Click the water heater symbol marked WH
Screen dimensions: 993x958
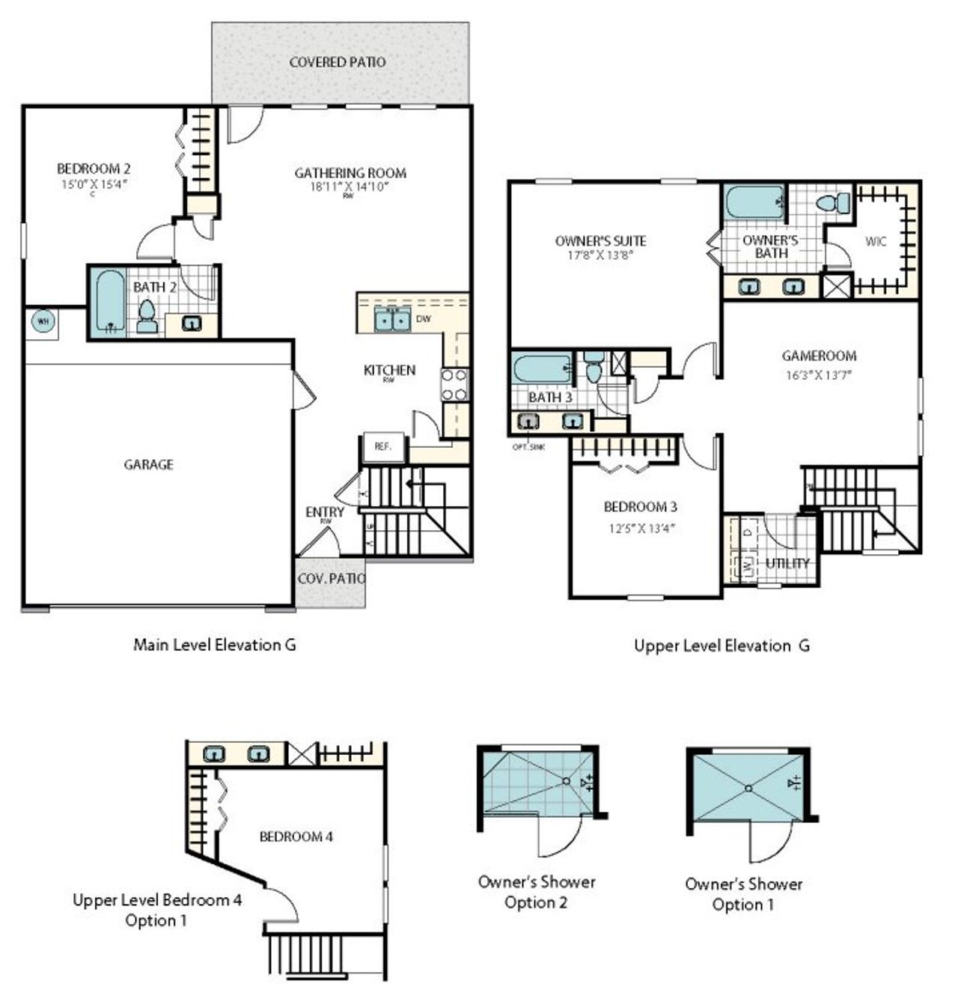[x=43, y=322]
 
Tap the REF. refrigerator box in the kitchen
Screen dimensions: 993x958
[x=383, y=447]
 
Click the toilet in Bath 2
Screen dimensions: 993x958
[x=147, y=318]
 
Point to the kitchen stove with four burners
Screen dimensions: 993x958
[x=454, y=384]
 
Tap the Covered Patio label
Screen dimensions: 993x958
[x=338, y=62]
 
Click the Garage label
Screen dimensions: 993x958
[x=148, y=464]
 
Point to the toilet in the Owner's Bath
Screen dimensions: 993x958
[x=833, y=203]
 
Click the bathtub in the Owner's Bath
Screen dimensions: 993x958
[x=754, y=202]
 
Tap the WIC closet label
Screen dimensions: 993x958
[x=875, y=242]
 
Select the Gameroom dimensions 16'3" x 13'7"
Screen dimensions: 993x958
[x=819, y=375]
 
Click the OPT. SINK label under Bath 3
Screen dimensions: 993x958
[x=529, y=446]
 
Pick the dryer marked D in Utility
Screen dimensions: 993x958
[x=748, y=532]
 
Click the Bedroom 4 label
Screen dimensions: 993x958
[x=296, y=836]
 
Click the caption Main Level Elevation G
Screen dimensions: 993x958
[x=214, y=644]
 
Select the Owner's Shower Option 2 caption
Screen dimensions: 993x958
[x=537, y=892]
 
